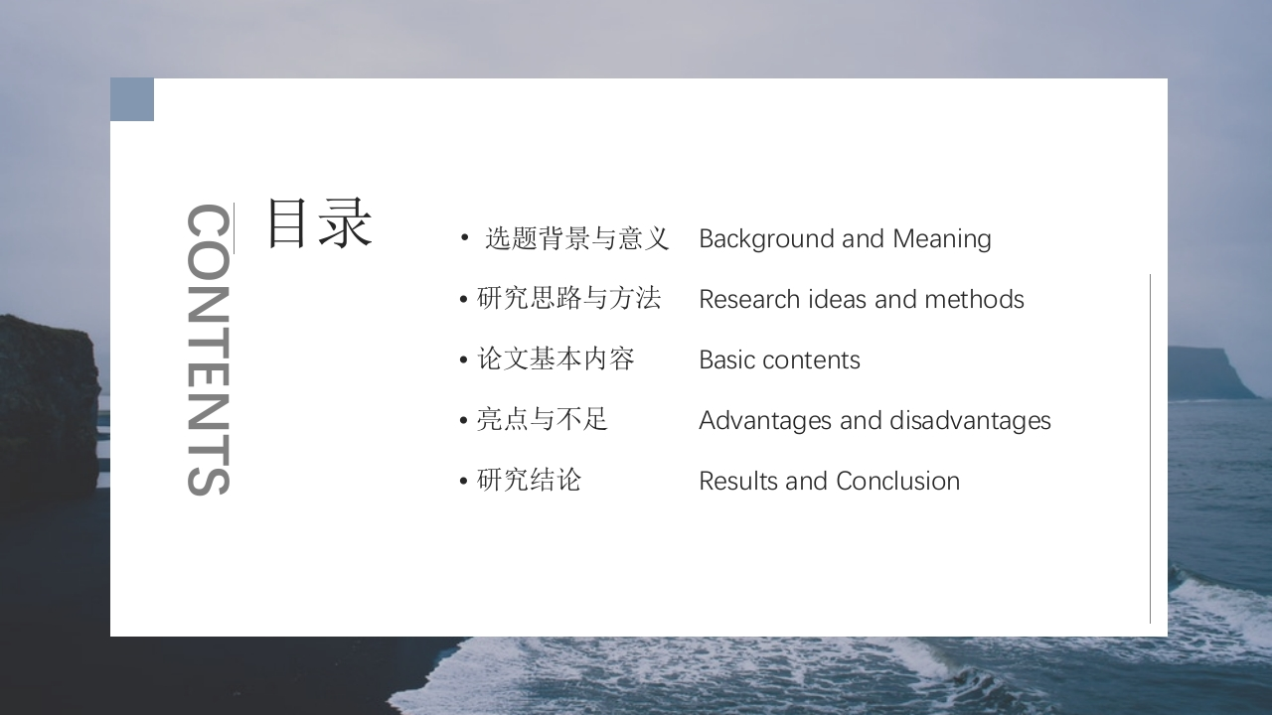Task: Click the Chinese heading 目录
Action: click(x=320, y=223)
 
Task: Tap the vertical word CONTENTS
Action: click(x=209, y=350)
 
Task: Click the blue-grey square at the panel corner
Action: click(x=132, y=99)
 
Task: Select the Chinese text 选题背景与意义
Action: click(x=577, y=238)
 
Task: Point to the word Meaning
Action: click(x=941, y=239)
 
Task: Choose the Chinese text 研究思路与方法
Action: click(x=569, y=299)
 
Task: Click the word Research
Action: click(x=749, y=299)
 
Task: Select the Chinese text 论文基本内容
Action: click(x=556, y=359)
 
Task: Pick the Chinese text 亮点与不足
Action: click(x=543, y=420)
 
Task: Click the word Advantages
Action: click(x=765, y=420)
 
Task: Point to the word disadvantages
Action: click(x=970, y=420)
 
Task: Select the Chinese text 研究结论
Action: click(x=530, y=480)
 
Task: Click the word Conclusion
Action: click(x=897, y=482)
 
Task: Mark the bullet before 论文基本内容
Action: click(x=464, y=359)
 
